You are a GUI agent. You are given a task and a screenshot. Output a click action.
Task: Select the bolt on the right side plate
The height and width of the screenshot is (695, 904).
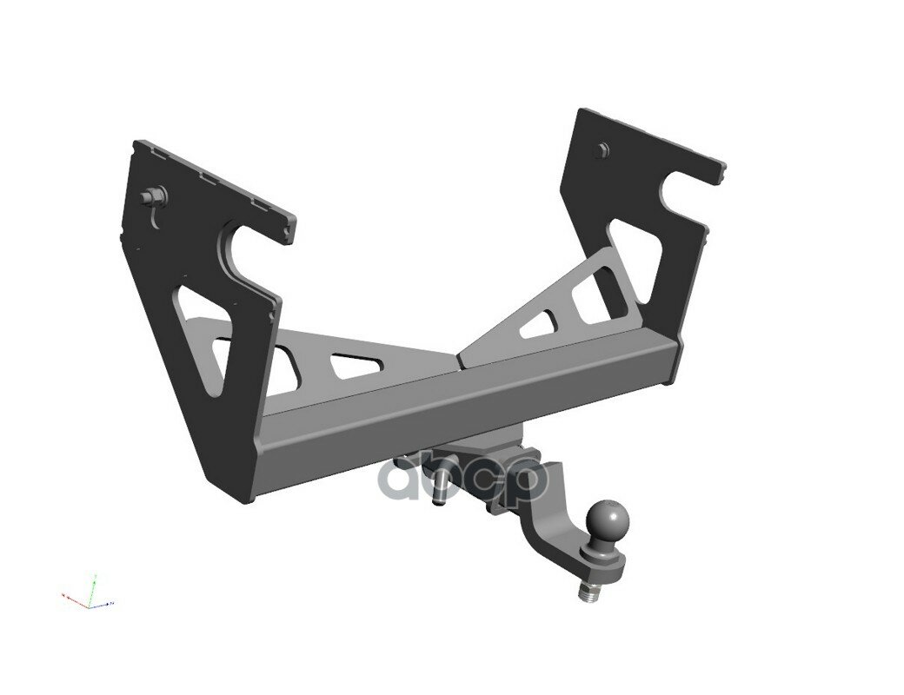coord(599,150)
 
